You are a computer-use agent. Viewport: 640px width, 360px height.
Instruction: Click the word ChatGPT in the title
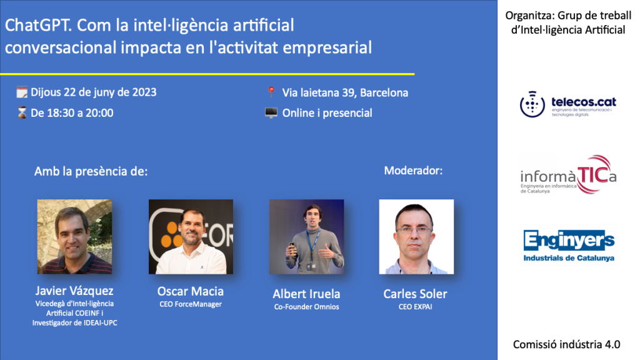[x=38, y=25]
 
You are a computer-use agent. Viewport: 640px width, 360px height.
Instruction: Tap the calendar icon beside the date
[x=22, y=92]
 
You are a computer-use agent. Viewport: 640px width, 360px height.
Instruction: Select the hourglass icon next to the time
[x=22, y=113]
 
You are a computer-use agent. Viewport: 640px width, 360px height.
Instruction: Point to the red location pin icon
[x=271, y=92]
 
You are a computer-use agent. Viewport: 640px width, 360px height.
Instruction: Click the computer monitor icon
[x=271, y=112]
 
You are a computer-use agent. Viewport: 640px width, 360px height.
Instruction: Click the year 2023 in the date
[x=144, y=92]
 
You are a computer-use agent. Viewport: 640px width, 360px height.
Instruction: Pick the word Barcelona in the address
[x=384, y=93]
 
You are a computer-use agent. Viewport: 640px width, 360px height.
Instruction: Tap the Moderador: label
[x=413, y=171]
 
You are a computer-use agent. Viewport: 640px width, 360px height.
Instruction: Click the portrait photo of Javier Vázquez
[x=75, y=237]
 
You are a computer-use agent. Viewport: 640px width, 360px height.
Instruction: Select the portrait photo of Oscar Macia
[x=191, y=237]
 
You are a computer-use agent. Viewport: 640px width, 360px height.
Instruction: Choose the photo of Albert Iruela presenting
[x=306, y=237]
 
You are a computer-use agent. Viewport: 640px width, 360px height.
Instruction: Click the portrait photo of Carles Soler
[x=416, y=237]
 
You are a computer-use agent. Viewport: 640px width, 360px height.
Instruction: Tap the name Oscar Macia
[x=191, y=291]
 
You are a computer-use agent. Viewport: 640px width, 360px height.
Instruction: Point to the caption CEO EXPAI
[x=416, y=307]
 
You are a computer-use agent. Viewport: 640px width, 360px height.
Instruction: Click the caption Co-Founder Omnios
[x=306, y=307]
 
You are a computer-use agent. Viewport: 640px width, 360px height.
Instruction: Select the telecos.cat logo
[x=568, y=104]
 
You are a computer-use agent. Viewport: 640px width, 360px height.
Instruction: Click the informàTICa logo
[x=568, y=175]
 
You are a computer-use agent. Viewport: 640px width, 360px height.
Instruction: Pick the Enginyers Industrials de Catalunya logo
[x=569, y=246]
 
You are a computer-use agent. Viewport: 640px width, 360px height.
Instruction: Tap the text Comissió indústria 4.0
[x=566, y=344]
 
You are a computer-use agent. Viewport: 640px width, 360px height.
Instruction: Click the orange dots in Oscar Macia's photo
[x=171, y=236]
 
